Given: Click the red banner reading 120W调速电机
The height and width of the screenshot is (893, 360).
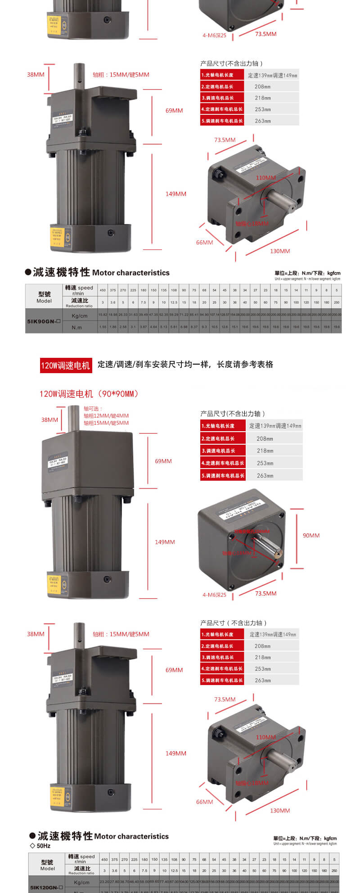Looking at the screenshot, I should (x=66, y=365).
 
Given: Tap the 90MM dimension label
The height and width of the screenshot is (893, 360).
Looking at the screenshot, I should (x=311, y=535).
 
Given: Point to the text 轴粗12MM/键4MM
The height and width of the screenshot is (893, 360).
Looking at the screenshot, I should (x=106, y=416).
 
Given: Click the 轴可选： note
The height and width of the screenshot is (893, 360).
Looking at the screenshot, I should (x=93, y=409).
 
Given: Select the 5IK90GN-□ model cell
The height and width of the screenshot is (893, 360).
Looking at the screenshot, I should (x=44, y=321).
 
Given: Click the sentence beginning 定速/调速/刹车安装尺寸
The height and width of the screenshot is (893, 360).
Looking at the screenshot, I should (x=185, y=365).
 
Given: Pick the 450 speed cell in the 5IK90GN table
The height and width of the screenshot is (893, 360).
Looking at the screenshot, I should (x=103, y=290).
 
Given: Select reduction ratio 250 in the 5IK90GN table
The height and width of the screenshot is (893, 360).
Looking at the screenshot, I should (x=337, y=302).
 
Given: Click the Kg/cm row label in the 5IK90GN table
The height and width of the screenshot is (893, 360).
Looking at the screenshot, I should (x=79, y=316).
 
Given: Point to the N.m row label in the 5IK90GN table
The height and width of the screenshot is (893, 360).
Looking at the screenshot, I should (x=77, y=327).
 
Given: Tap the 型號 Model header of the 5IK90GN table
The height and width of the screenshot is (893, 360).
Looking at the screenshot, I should (x=44, y=297).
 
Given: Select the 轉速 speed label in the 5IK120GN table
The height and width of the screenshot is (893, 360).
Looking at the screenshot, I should (x=81, y=858).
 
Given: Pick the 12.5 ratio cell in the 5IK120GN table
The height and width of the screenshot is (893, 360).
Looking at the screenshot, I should (x=174, y=870).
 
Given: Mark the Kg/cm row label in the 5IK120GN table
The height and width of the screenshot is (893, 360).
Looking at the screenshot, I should (x=81, y=882).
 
